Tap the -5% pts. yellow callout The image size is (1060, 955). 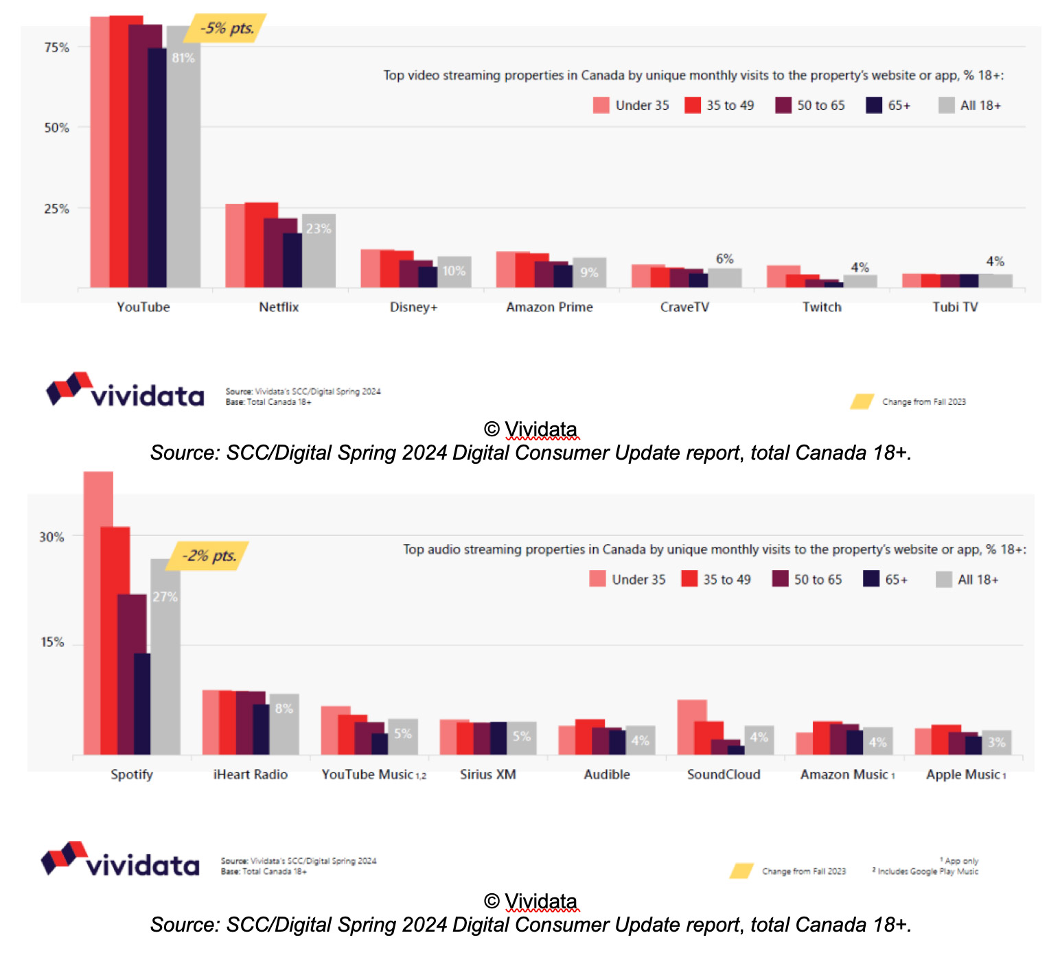pos(227,28)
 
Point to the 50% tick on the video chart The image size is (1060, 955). pos(56,128)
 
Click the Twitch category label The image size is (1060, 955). pos(822,307)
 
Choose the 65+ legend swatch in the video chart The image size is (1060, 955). pos(874,105)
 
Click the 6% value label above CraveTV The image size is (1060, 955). pos(724,259)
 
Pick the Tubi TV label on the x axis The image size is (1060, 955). pos(955,307)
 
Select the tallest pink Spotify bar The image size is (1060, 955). pos(98,611)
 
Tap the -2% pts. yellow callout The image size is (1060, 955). pos(209,556)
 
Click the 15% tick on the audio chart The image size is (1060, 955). pos(52,642)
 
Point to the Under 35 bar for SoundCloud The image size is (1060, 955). pos(692,727)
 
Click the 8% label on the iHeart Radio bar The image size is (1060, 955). pos(284,708)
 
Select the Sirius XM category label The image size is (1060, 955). pos(487,775)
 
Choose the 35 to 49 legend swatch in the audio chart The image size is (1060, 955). pos(689,579)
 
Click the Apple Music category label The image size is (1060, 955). pos(964,775)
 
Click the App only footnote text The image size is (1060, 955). pos(960,860)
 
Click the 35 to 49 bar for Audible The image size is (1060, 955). pos(590,737)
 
